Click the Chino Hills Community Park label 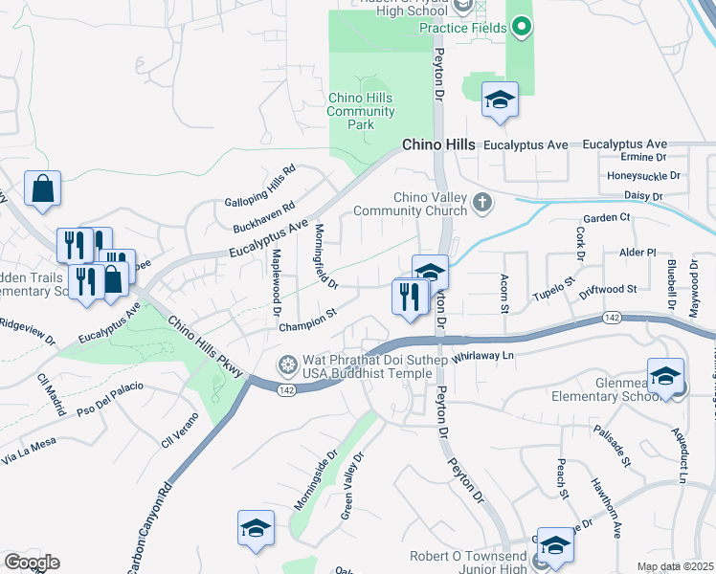[361, 111]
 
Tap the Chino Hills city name [437, 144]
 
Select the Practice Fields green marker [521, 28]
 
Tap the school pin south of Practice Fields [499, 99]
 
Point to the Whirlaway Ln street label [483, 355]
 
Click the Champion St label [307, 319]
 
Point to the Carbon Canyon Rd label [150, 526]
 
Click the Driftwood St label [608, 289]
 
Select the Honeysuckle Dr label [643, 176]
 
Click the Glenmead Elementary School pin [664, 376]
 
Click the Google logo [32, 563]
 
